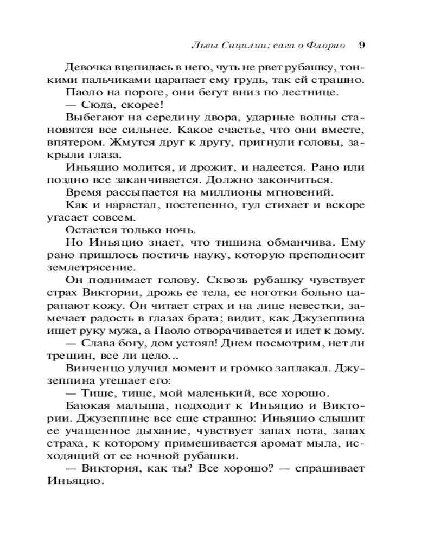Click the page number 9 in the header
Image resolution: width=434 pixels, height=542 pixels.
click(x=362, y=44)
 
